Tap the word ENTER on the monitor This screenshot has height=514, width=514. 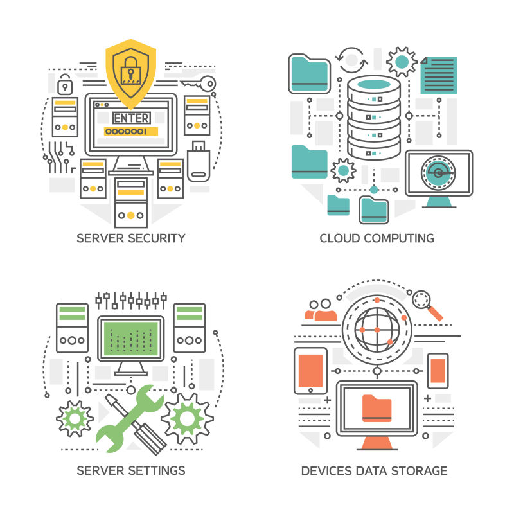pyautogui.click(x=131, y=118)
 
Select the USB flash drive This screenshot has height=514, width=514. pyautogui.click(x=199, y=159)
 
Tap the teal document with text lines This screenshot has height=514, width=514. pyautogui.click(x=439, y=75)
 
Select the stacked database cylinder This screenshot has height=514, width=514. pyautogui.click(x=373, y=119)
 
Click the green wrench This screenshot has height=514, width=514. pyautogui.click(x=130, y=417)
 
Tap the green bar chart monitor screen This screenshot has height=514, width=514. pyautogui.click(x=131, y=338)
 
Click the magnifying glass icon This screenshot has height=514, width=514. pyautogui.click(x=427, y=304)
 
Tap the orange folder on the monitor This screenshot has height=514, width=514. pyautogui.click(x=377, y=407)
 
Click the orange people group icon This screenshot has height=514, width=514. pyautogui.click(x=321, y=309)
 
